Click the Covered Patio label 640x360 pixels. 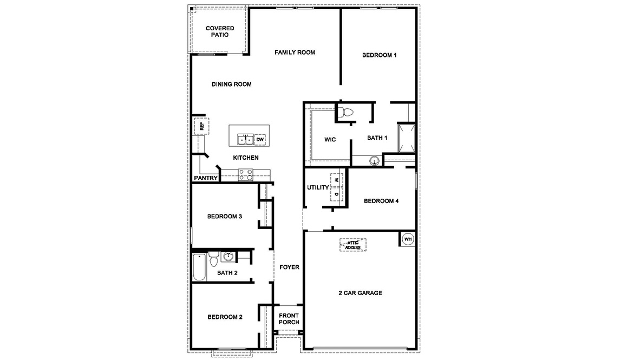pyautogui.click(x=220, y=31)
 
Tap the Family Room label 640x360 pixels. pyautogui.click(x=295, y=53)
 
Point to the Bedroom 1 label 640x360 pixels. pyautogui.click(x=380, y=55)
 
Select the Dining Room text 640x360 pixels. pyautogui.click(x=231, y=84)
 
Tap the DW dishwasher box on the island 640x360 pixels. pyautogui.click(x=260, y=140)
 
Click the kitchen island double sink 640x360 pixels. pyautogui.click(x=246, y=140)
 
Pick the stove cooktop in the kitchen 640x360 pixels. pyautogui.click(x=245, y=174)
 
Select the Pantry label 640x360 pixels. pyautogui.click(x=206, y=178)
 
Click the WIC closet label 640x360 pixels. pyautogui.click(x=330, y=140)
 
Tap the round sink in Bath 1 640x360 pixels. pyautogui.click(x=373, y=160)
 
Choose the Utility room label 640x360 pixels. pyautogui.click(x=318, y=188)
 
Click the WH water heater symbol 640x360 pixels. pyautogui.click(x=408, y=239)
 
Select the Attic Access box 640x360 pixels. pyautogui.click(x=352, y=245)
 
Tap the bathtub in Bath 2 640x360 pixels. pyautogui.click(x=200, y=267)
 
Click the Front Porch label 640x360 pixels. pyautogui.click(x=289, y=319)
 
